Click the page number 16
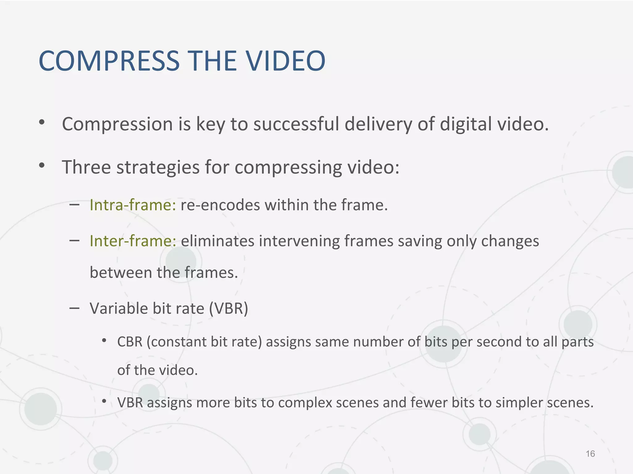pyautogui.click(x=590, y=454)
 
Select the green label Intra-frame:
pyautogui.click(x=133, y=205)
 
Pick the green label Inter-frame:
pyautogui.click(x=133, y=241)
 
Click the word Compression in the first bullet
pyautogui.click(x=117, y=124)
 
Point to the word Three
pyautogui.click(x=86, y=167)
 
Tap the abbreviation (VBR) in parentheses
pyautogui.click(x=228, y=308)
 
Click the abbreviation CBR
pyautogui.click(x=130, y=342)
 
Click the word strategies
pyautogui.click(x=158, y=167)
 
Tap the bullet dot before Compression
pyautogui.click(x=42, y=123)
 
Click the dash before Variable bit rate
pyautogui.click(x=74, y=308)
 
